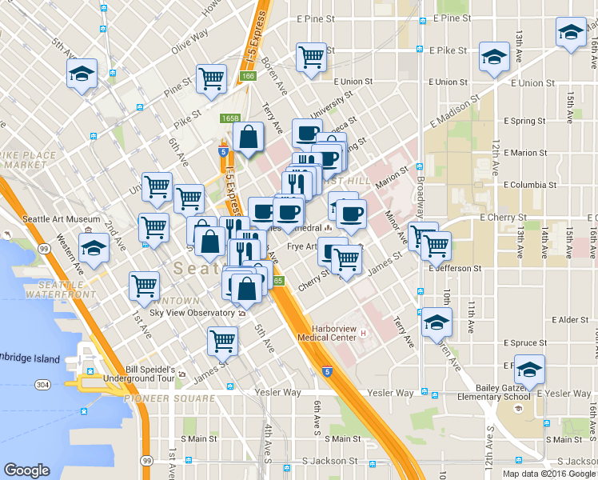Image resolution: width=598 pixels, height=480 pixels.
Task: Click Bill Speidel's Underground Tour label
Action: click(x=140, y=374)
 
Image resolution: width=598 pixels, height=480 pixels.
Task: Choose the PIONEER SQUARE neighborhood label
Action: click(x=169, y=398)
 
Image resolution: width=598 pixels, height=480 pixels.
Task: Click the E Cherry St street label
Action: click(x=503, y=217)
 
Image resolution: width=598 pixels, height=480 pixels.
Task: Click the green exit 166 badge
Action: click(x=247, y=76)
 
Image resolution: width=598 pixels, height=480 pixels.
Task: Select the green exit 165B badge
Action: click(x=230, y=118)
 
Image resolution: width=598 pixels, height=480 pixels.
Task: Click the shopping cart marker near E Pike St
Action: click(x=311, y=57)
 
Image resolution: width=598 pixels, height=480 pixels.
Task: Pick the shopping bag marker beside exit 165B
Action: click(x=249, y=138)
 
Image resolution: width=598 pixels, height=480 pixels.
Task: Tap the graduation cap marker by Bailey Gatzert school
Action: click(x=529, y=369)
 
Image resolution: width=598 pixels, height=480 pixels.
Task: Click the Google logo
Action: click(x=26, y=470)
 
